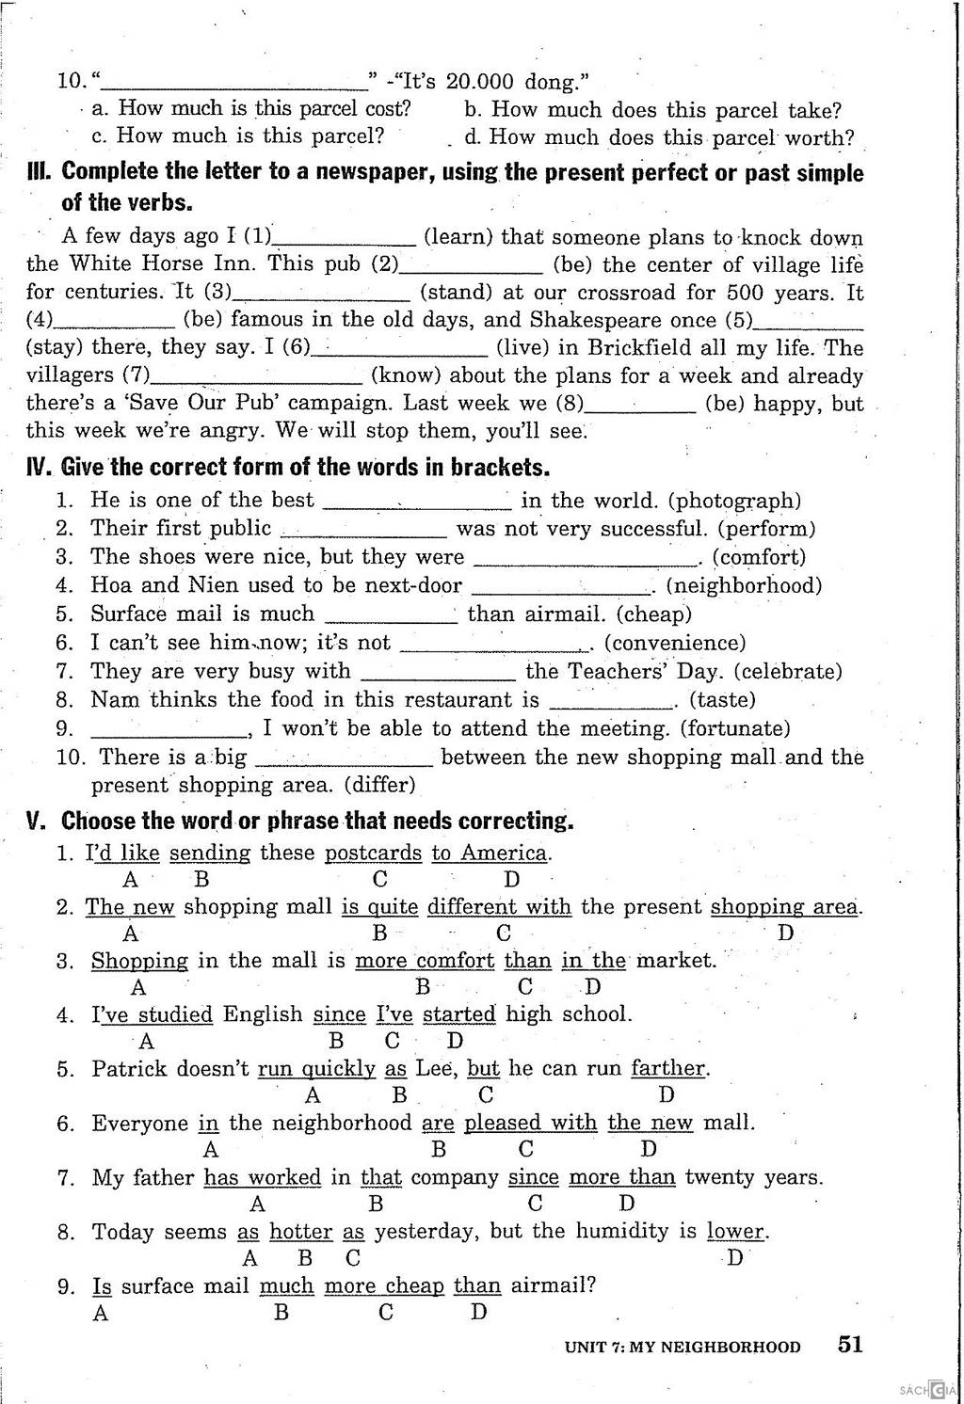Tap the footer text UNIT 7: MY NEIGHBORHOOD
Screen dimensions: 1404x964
click(683, 1347)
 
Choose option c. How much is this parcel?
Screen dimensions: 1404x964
click(238, 136)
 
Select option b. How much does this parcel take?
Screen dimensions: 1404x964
click(653, 110)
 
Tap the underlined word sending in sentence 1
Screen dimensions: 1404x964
click(210, 854)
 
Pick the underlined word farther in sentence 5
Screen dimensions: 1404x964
click(668, 1069)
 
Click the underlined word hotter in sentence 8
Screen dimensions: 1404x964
click(301, 1232)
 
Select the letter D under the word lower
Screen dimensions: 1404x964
click(735, 1258)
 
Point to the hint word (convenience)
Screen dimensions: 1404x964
click(675, 643)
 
